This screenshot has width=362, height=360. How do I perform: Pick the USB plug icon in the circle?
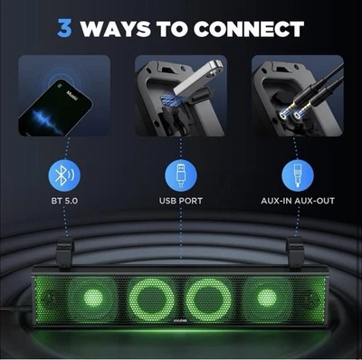click(181, 174)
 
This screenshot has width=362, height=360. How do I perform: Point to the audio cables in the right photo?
click(308, 90)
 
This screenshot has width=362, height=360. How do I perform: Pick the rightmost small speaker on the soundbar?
click(266, 298)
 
